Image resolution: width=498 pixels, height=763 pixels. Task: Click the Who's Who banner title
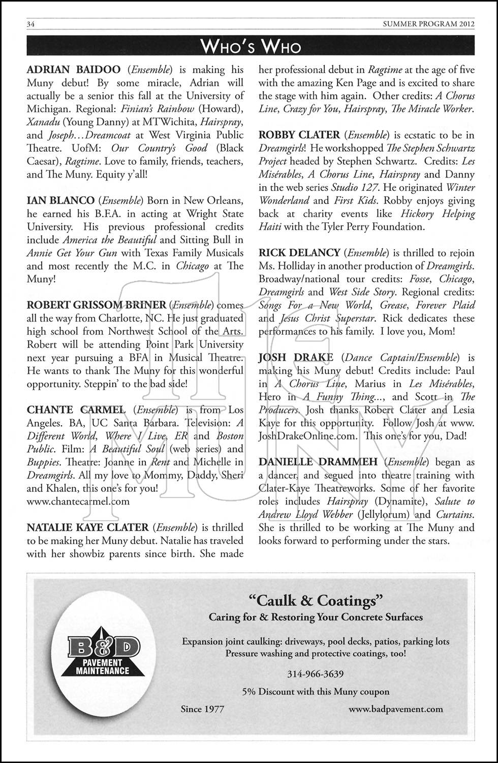251,47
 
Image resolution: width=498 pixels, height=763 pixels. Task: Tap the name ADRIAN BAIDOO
74,70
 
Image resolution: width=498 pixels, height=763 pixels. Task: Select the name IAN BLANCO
60,200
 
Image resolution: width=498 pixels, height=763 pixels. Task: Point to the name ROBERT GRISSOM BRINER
97,305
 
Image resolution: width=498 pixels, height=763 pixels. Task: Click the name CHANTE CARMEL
76,410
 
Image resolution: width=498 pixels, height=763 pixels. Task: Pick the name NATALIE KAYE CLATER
88,527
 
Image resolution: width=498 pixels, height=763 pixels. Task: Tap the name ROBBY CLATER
299,135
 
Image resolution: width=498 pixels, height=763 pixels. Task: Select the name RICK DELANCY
299,253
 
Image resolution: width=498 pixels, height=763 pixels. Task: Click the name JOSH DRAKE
296,358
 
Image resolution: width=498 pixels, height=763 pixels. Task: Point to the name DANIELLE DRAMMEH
318,462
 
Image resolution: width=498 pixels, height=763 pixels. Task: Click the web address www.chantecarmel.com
78,501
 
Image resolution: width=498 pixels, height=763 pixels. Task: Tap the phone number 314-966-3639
315,674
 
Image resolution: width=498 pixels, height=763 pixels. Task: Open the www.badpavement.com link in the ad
395,709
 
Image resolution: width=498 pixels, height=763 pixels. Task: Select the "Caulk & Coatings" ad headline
315,601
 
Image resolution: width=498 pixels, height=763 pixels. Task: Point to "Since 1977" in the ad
202,709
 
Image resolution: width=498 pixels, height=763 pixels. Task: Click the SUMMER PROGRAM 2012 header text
430,24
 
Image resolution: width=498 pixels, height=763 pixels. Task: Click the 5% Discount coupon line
316,691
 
